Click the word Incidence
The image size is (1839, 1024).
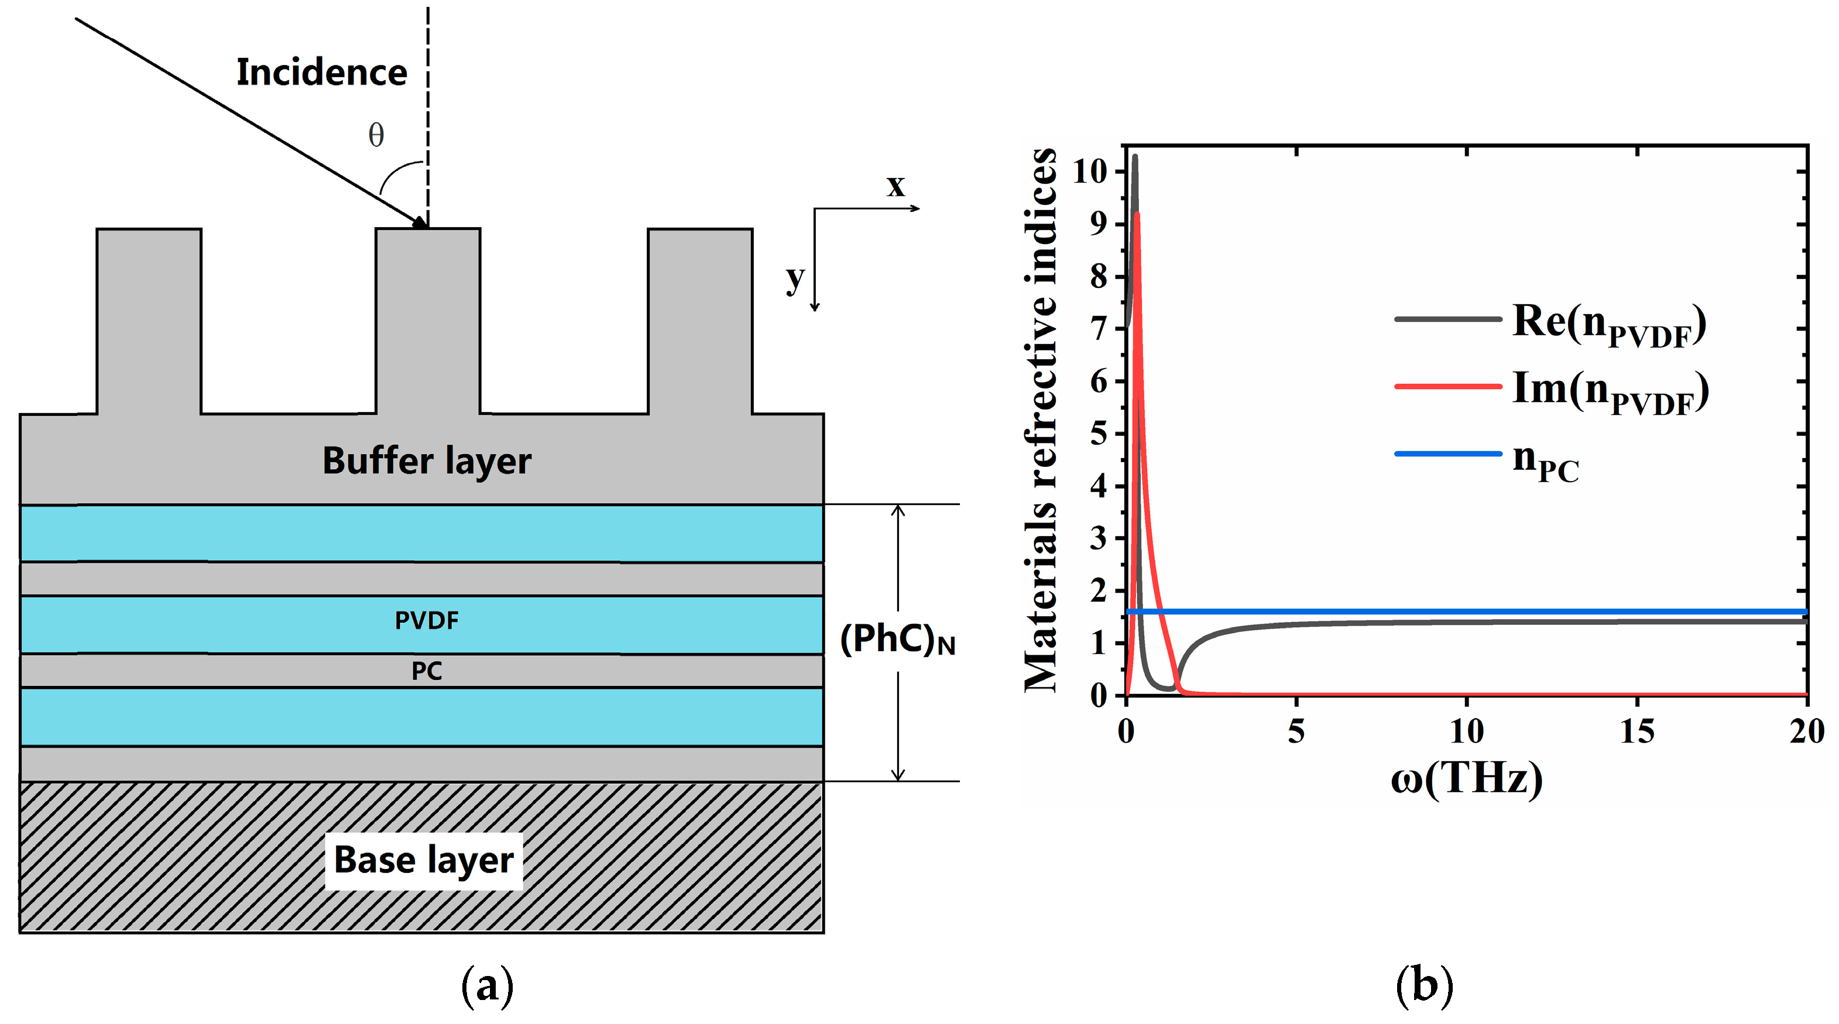tap(321, 73)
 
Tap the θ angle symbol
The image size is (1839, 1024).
tap(376, 135)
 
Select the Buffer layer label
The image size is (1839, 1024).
tap(426, 461)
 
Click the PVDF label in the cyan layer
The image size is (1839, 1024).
tap(426, 620)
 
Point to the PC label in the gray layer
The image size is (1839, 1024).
tap(426, 671)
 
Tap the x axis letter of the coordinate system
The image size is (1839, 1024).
tap(896, 186)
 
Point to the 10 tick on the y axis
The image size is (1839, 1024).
tap(1089, 171)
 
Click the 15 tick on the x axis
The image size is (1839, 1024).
tap(1636, 731)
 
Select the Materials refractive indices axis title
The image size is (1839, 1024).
tap(1041, 420)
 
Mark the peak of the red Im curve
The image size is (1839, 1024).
tap(1137, 214)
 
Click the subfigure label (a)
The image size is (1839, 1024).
tap(488, 986)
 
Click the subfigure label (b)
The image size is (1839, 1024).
tap(1424, 986)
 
